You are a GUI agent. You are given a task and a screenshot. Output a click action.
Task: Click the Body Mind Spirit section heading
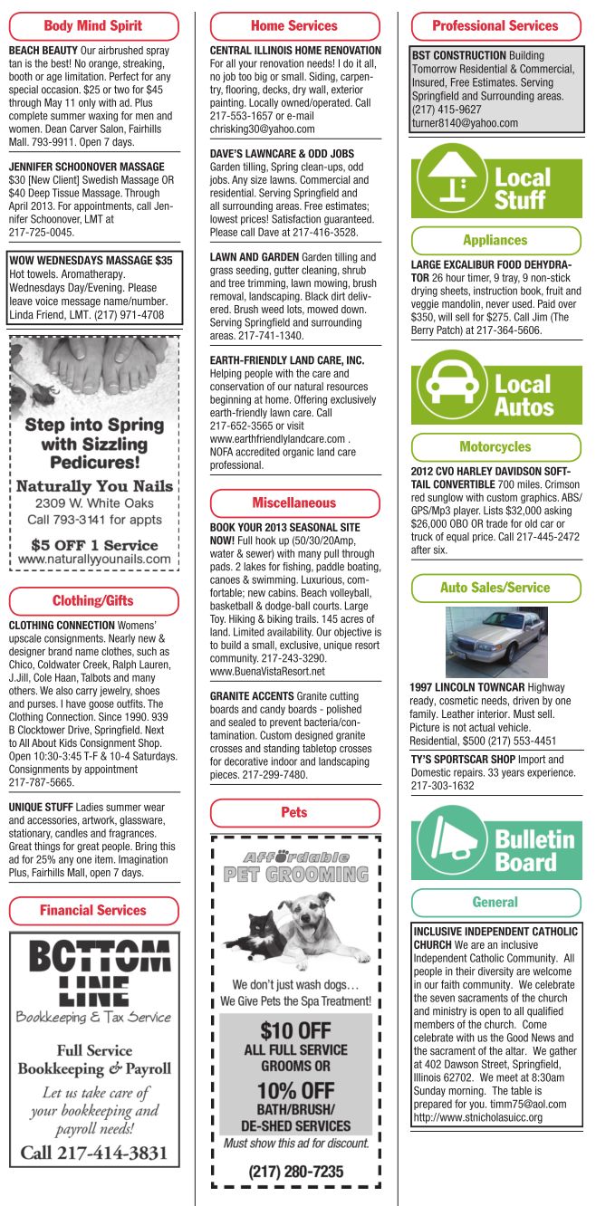point(93,26)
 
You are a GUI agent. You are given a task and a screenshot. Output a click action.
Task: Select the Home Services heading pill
point(294,26)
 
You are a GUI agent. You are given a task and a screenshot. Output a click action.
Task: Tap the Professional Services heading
point(495,26)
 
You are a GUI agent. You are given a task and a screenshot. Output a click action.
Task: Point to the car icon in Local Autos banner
point(450,386)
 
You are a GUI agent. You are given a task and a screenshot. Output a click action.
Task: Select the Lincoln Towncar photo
point(495,642)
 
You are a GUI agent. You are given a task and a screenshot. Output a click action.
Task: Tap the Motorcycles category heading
point(495,446)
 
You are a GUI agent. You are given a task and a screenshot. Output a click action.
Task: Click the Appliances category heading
point(495,240)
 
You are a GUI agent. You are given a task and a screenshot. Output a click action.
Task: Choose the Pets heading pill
point(294,812)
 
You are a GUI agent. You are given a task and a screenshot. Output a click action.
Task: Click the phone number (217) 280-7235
point(296,1172)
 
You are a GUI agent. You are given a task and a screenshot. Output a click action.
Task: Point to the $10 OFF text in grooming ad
point(295,1029)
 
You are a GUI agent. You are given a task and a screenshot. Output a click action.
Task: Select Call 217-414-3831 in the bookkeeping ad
point(94,1152)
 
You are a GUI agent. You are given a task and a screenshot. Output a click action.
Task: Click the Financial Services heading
point(93,909)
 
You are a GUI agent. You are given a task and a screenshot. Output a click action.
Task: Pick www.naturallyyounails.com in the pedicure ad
point(94,560)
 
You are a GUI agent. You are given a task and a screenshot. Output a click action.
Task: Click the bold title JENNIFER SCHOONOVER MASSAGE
point(82,167)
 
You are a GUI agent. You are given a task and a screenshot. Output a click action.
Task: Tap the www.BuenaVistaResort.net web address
point(267,672)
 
